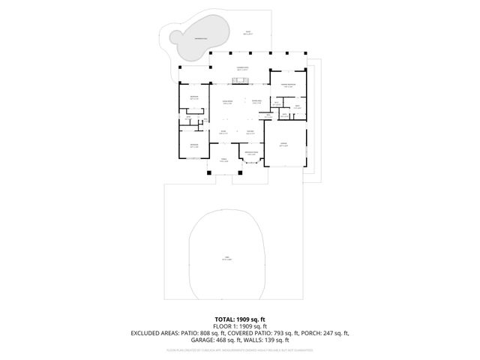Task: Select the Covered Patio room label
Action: [242, 68]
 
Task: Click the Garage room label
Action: [283, 145]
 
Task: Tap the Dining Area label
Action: [256, 102]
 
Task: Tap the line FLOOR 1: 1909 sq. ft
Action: [239, 326]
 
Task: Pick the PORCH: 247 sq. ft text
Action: [322, 333]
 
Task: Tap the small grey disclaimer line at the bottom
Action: [239, 349]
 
